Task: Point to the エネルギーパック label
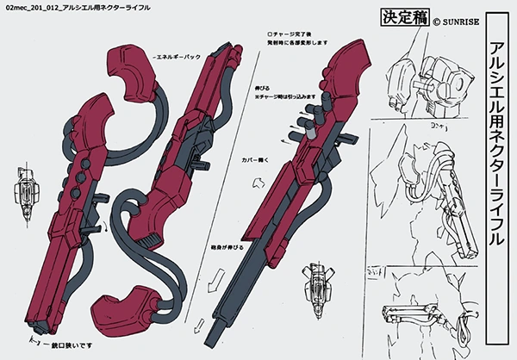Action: coord(176,56)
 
